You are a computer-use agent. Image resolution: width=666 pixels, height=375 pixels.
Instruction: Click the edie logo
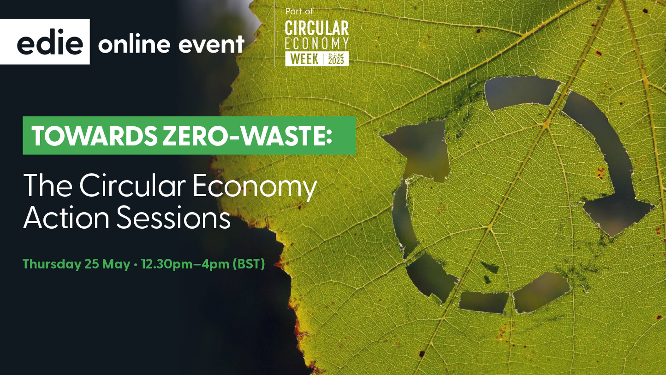click(x=45, y=42)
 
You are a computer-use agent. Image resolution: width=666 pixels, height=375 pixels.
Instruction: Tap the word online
click(x=134, y=43)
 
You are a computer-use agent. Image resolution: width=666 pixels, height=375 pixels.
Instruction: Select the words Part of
click(x=299, y=11)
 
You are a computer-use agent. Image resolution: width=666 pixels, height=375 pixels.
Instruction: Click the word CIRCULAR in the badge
click(x=317, y=28)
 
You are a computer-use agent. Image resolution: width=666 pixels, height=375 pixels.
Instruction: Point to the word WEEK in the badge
click(x=304, y=59)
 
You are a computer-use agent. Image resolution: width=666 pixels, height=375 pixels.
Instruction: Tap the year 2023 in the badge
click(x=336, y=61)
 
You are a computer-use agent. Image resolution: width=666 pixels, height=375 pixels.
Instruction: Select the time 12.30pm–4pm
click(x=185, y=264)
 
